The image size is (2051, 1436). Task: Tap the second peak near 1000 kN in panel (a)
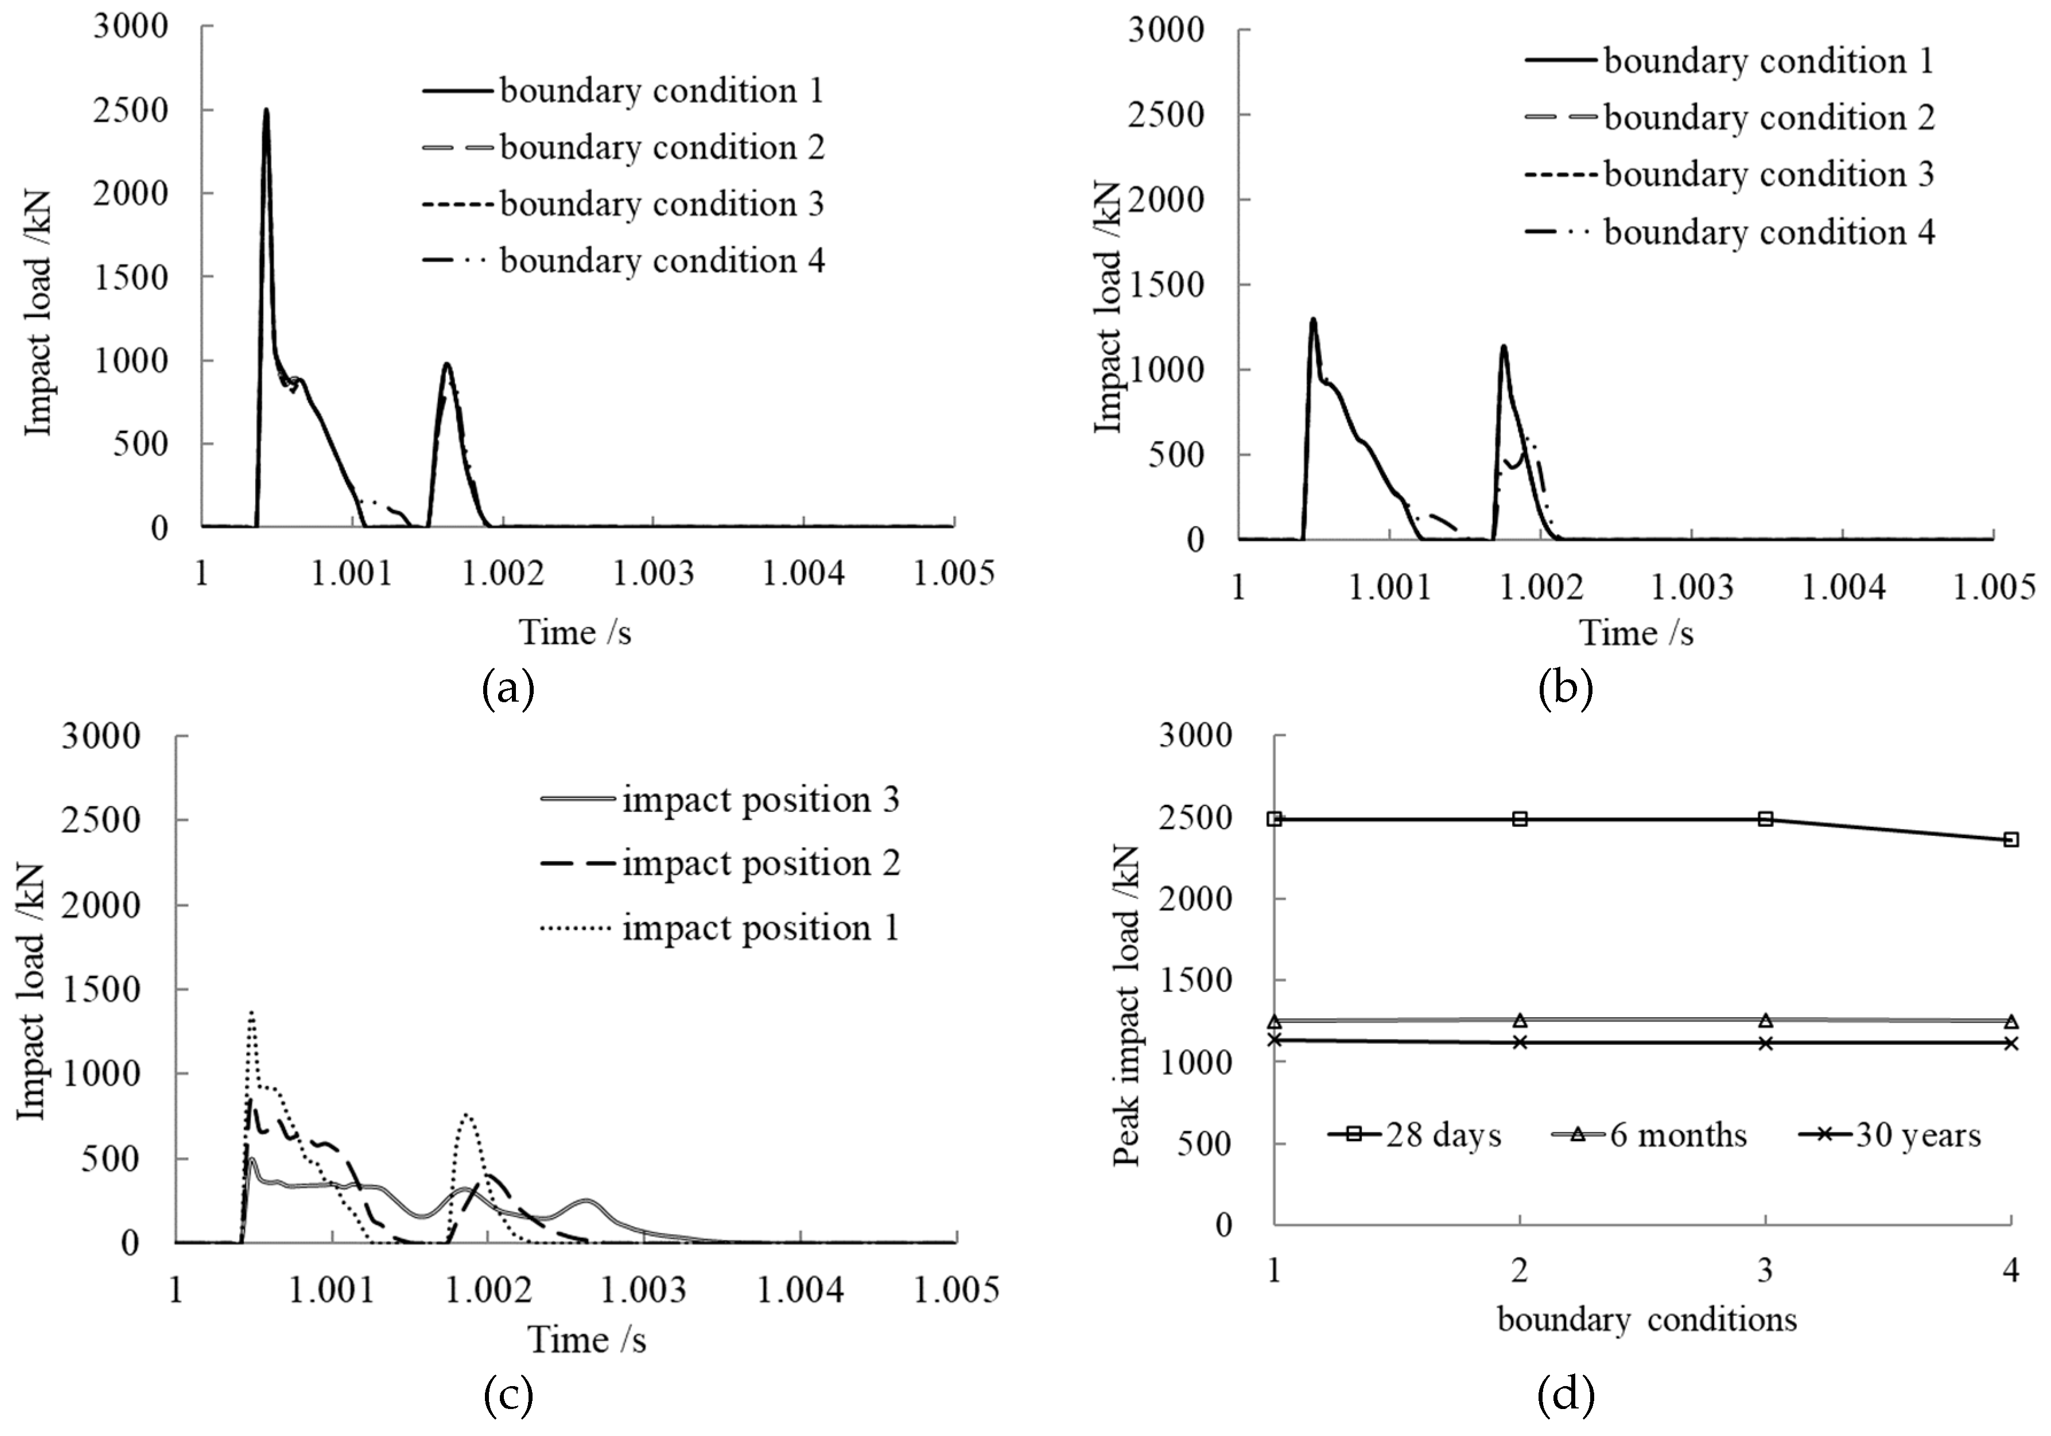pos(446,364)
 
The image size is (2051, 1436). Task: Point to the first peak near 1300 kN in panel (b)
pos(1312,320)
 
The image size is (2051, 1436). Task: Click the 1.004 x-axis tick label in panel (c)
pos(801,1290)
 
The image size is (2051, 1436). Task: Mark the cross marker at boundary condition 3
pos(1765,1042)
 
